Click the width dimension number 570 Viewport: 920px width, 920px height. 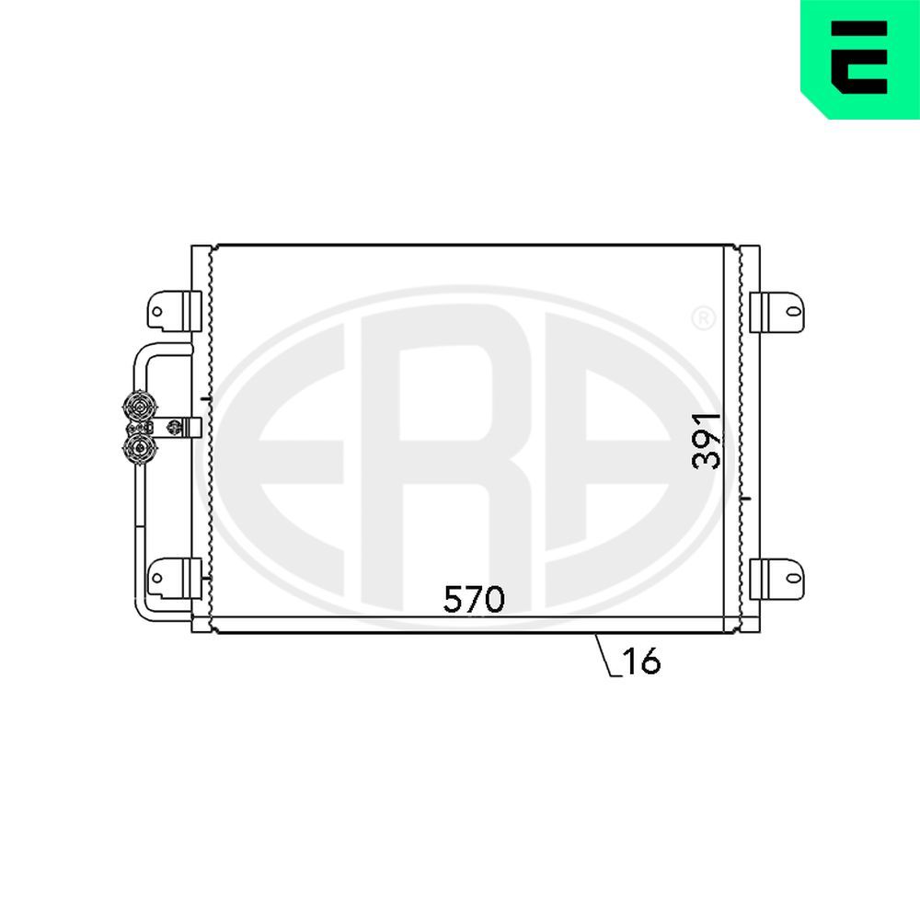(x=474, y=599)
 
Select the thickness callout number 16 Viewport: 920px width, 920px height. (x=642, y=661)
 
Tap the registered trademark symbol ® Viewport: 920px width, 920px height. (x=702, y=319)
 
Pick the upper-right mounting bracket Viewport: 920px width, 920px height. (x=776, y=312)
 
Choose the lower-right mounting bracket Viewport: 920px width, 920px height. (x=776, y=577)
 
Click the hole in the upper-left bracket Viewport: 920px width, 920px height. (x=157, y=312)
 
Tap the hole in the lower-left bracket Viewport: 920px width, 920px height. (x=157, y=578)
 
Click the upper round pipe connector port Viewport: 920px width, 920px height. (x=140, y=407)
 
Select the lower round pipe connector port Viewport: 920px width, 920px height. (x=140, y=448)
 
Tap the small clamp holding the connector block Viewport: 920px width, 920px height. (x=179, y=427)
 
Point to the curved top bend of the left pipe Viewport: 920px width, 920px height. (x=147, y=351)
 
